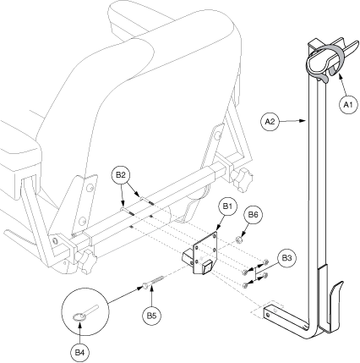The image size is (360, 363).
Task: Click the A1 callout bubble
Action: (348, 104)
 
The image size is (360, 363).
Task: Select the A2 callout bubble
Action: (270, 122)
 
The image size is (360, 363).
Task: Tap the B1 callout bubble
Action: (227, 206)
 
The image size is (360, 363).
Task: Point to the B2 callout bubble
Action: (121, 175)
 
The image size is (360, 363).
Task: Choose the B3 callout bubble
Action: (286, 258)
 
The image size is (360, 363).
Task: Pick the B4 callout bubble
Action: (79, 352)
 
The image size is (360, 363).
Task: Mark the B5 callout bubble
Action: (152, 316)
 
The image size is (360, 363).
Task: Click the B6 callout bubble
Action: (253, 215)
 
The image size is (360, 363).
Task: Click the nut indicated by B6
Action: (239, 240)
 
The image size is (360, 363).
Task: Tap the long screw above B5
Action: (154, 281)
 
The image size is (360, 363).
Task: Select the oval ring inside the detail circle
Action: (79, 317)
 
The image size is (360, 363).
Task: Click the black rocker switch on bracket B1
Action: (207, 267)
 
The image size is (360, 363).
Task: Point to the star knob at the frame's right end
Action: (242, 179)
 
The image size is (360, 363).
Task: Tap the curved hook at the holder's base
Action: (335, 306)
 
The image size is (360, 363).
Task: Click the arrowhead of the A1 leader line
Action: (341, 75)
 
